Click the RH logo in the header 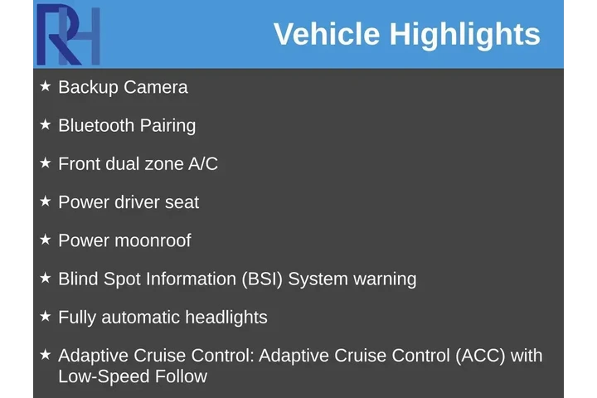pyautogui.click(x=68, y=35)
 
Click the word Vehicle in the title pyautogui.click(x=327, y=35)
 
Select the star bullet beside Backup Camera pyautogui.click(x=46, y=86)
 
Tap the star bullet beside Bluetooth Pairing pyautogui.click(x=46, y=124)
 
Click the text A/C pyautogui.click(x=203, y=163)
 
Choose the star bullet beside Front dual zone pyautogui.click(x=46, y=163)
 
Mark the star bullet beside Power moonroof pyautogui.click(x=46, y=239)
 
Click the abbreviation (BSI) pyautogui.click(x=263, y=279)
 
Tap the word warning pyautogui.click(x=385, y=279)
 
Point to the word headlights pyautogui.click(x=226, y=318)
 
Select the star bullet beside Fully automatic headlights pyautogui.click(x=46, y=316)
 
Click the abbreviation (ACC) pyautogui.click(x=480, y=356)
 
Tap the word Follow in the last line pyautogui.click(x=181, y=376)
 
